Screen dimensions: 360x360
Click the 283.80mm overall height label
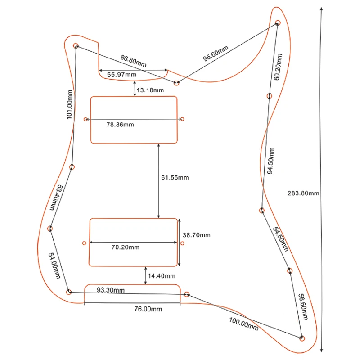(303, 193)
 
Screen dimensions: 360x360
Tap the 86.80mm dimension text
(133, 61)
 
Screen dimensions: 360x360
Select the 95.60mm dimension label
(216, 53)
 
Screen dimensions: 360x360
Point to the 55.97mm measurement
(121, 74)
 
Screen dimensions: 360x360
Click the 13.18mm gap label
(150, 90)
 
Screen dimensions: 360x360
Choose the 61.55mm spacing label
(175, 178)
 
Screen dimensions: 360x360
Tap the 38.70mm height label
(196, 235)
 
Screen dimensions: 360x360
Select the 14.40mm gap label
(162, 276)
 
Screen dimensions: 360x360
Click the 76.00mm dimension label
(148, 310)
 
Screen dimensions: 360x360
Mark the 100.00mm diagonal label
(244, 324)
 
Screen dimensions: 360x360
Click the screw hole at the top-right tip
(278, 22)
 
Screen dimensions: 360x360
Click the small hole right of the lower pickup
(182, 243)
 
